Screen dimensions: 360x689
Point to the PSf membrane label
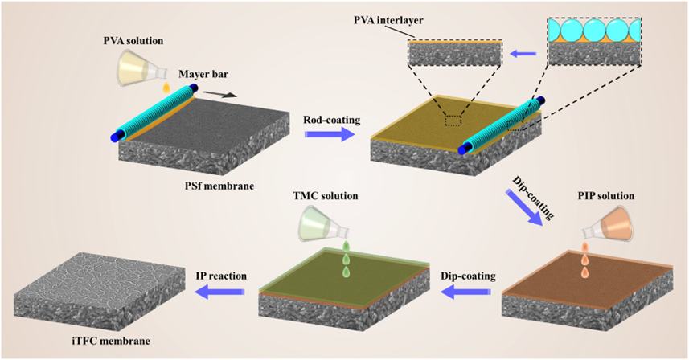217,186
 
